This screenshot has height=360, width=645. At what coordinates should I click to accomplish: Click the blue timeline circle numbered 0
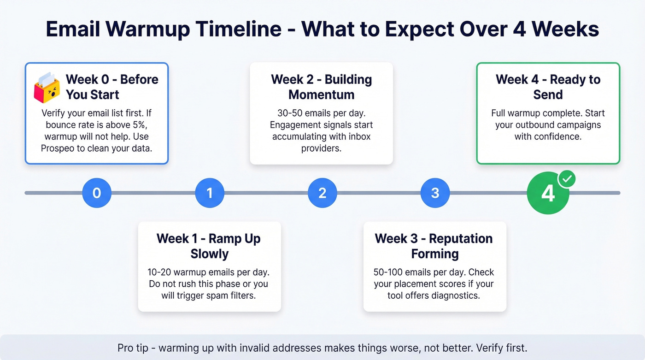click(x=97, y=193)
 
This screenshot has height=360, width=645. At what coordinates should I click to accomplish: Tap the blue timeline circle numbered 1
click(x=210, y=193)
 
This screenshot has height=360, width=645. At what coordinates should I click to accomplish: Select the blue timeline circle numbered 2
click(x=322, y=193)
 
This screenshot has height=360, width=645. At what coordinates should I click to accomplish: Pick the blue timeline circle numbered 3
click(x=435, y=193)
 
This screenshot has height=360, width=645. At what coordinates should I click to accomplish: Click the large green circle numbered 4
click(x=548, y=194)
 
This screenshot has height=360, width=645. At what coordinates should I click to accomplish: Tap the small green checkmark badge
click(x=567, y=178)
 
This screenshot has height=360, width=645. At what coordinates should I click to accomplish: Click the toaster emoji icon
click(x=47, y=88)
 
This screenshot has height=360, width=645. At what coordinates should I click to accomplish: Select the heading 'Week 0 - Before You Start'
click(x=111, y=87)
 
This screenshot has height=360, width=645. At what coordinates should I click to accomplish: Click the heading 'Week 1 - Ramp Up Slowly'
click(x=209, y=246)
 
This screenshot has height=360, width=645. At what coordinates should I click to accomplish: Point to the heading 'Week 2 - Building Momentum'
click(x=321, y=87)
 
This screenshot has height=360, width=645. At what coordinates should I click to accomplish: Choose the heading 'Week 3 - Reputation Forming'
click(x=434, y=246)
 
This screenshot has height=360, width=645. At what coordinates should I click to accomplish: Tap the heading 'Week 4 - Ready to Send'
click(x=548, y=87)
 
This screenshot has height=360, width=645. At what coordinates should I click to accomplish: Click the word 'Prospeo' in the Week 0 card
click(x=60, y=148)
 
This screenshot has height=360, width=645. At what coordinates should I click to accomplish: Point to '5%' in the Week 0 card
click(x=139, y=125)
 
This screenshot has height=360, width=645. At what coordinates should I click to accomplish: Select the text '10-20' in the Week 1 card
click(x=159, y=272)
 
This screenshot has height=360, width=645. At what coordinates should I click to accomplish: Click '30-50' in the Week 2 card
click(x=289, y=113)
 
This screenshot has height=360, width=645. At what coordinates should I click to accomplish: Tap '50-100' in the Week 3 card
click(x=388, y=272)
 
